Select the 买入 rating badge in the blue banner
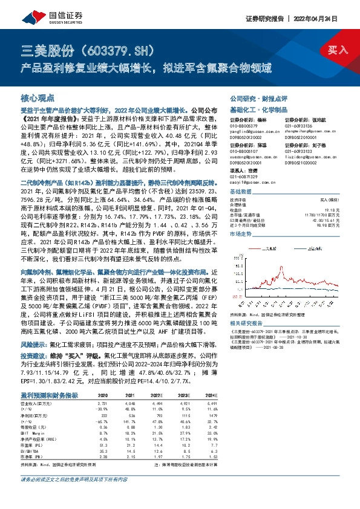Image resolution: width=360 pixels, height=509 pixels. (337, 50)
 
